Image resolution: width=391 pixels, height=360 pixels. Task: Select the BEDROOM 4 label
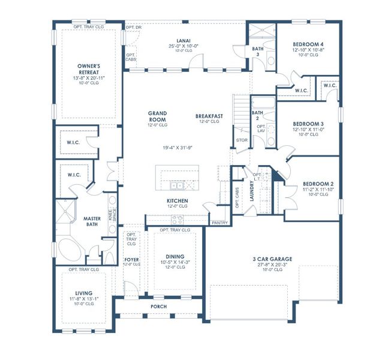point(309,44)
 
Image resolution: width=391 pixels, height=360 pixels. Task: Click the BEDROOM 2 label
point(317,184)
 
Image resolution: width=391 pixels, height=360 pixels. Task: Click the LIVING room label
point(80,294)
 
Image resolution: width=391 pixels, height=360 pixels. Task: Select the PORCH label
point(158,307)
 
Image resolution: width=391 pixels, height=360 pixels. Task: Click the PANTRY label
point(216,223)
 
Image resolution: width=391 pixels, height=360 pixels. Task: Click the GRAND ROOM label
point(158,116)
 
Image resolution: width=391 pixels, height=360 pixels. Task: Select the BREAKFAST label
point(209,116)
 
